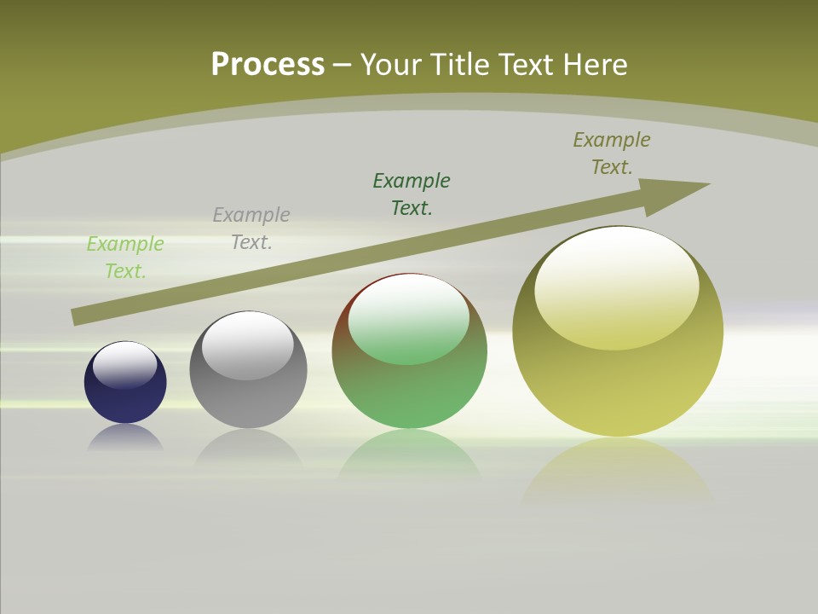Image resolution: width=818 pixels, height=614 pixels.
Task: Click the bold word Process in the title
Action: (x=268, y=64)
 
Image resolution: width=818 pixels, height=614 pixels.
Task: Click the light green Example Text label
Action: (x=125, y=258)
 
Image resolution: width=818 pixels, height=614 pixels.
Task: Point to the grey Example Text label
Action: (x=251, y=229)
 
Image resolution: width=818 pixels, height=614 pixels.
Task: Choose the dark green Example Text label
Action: (x=412, y=194)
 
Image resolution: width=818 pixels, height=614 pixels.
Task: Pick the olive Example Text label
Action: (x=612, y=153)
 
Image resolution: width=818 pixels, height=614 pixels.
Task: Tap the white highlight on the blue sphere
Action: (x=125, y=364)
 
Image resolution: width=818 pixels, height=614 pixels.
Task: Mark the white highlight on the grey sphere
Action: (x=248, y=345)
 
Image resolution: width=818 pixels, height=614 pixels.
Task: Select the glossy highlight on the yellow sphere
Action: (x=617, y=287)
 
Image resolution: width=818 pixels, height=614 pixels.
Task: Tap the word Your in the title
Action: (x=391, y=64)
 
